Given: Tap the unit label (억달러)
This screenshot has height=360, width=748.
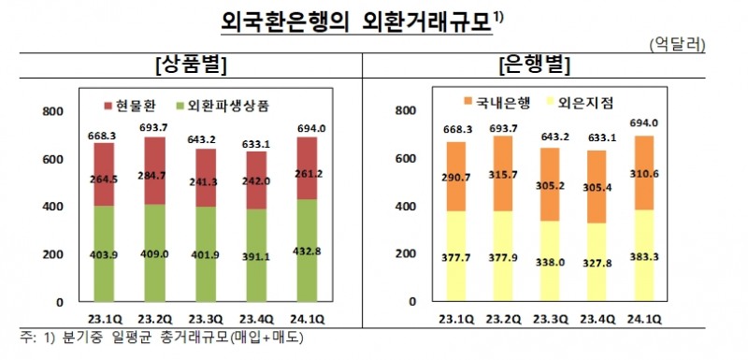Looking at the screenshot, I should [x=676, y=44].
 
